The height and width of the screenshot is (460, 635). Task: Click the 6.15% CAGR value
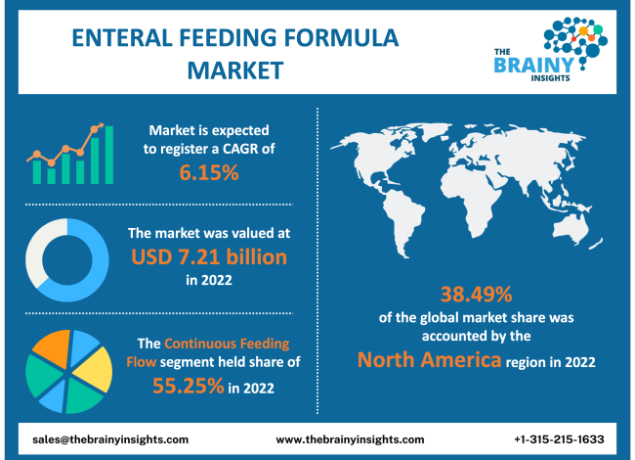coord(208,173)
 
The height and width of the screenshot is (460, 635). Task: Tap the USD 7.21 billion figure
coord(208,257)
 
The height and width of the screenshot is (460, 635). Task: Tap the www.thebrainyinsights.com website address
coord(350,439)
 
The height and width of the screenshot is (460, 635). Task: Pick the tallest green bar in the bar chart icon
coord(109,155)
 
